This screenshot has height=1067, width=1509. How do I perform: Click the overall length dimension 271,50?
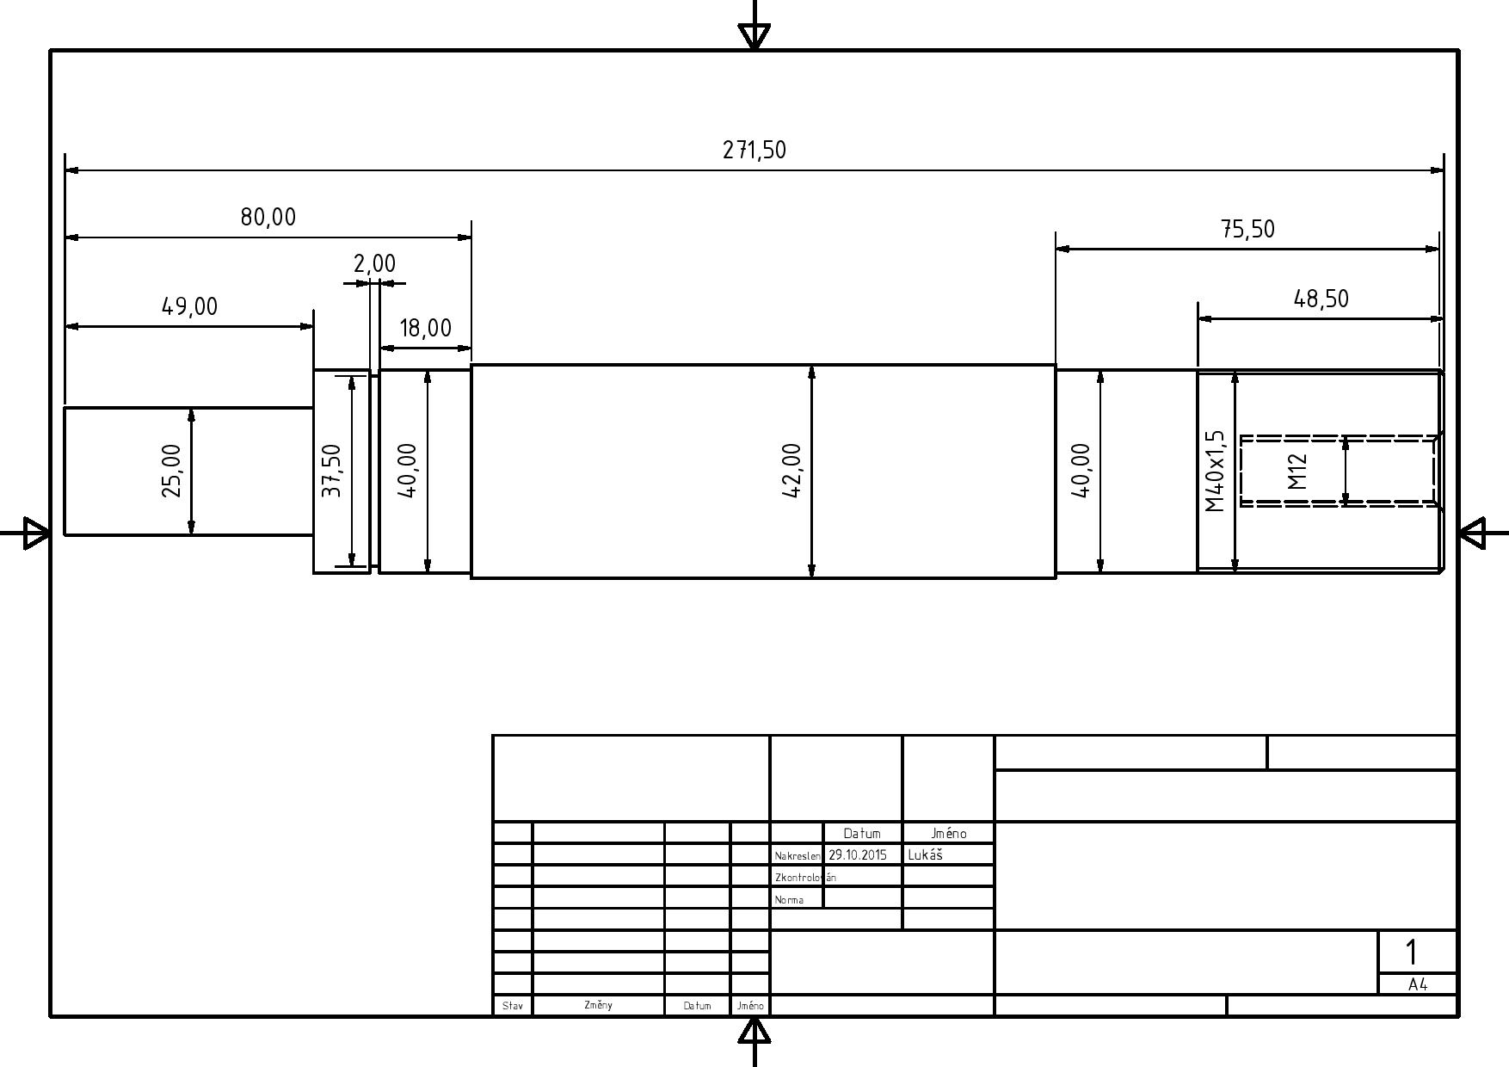coord(754,150)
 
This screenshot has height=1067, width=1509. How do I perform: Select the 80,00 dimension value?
coord(268,217)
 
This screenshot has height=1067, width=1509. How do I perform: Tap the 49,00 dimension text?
coord(190,306)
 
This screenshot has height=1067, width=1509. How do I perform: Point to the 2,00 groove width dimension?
coord(374,263)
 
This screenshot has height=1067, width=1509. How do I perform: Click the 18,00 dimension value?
coord(425,328)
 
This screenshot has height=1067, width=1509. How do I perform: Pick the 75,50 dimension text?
coord(1247,229)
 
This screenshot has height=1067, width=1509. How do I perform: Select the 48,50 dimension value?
coord(1321,299)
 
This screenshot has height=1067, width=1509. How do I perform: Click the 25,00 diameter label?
coord(171,471)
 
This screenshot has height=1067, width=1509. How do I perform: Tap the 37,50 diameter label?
coord(331,471)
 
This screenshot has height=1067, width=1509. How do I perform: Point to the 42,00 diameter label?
coord(792,471)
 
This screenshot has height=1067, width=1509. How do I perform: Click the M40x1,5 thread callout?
coord(1214,472)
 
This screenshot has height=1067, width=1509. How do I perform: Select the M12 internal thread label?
coord(1297,472)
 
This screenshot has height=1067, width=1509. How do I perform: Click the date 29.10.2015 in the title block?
coord(858,854)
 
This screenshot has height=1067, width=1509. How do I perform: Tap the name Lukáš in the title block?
coord(926,854)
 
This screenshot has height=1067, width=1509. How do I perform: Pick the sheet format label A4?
coord(1418,985)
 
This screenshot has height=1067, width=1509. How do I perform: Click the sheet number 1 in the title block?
coord(1411,952)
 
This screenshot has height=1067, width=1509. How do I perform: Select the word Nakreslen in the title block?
coord(798,856)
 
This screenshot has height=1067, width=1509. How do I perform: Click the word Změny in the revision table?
coord(598,1005)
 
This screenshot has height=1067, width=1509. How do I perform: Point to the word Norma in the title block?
coord(789,900)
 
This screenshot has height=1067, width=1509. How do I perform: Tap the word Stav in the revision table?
coord(512,1006)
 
